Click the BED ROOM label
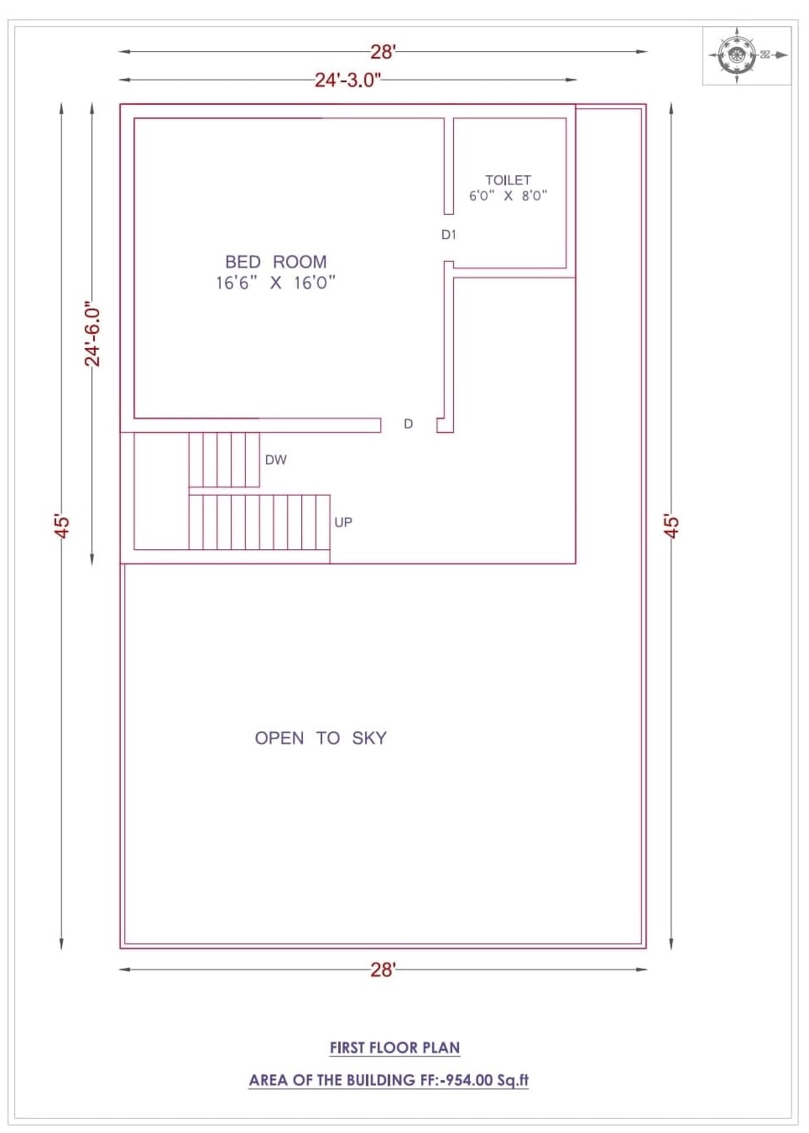click(x=276, y=262)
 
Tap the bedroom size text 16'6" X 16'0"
click(x=276, y=283)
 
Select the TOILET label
click(x=508, y=180)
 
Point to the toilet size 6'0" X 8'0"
click(x=508, y=195)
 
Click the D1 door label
click(x=448, y=235)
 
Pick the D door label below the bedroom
click(x=409, y=424)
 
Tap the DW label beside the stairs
click(x=276, y=460)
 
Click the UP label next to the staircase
click(x=343, y=522)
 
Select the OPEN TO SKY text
click(x=321, y=738)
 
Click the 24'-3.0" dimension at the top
click(x=347, y=80)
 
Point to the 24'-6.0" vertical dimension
click(x=92, y=335)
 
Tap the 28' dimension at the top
click(x=383, y=52)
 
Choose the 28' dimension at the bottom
click(x=383, y=969)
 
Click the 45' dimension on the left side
click(x=62, y=527)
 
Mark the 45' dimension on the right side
click(x=671, y=527)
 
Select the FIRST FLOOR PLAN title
click(x=395, y=1047)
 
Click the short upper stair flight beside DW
click(x=224, y=460)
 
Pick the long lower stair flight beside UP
click(x=259, y=522)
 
